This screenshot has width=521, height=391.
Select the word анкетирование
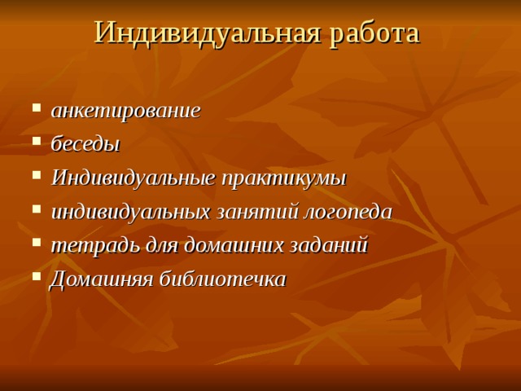125,111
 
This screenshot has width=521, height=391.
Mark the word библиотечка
221,279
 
